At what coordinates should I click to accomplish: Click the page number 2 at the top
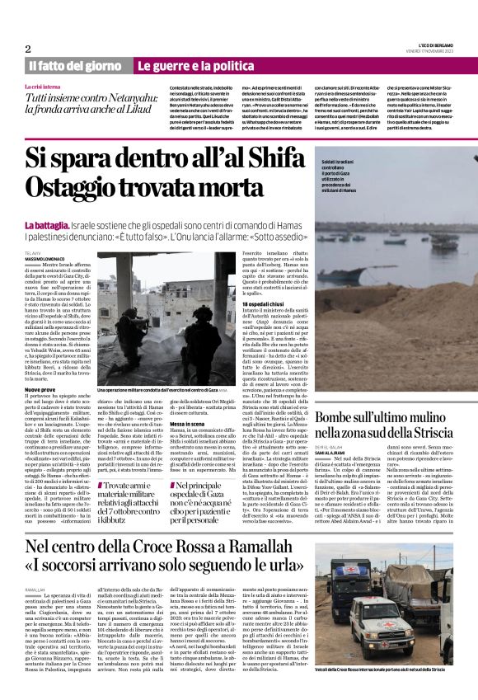click(x=28, y=49)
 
